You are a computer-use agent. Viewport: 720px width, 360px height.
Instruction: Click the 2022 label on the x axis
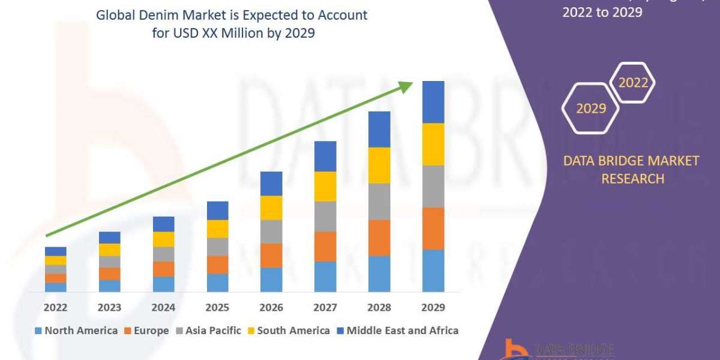click(x=56, y=308)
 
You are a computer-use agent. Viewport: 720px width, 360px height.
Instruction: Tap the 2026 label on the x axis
click(x=271, y=308)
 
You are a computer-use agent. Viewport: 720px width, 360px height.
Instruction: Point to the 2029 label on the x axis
click(x=433, y=308)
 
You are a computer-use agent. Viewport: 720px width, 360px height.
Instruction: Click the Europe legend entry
click(x=151, y=331)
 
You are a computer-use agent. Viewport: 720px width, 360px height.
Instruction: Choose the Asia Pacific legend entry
click(x=213, y=331)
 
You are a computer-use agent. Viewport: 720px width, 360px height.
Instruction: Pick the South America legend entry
click(x=293, y=331)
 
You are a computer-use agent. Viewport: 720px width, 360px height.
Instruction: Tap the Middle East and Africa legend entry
click(x=402, y=331)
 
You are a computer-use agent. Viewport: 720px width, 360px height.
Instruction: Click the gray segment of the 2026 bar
click(x=271, y=232)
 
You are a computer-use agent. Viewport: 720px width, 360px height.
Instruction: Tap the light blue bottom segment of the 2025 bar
click(x=217, y=283)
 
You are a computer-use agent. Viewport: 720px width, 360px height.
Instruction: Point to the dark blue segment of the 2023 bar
click(x=110, y=238)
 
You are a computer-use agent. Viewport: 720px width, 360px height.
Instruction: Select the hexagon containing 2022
click(x=633, y=83)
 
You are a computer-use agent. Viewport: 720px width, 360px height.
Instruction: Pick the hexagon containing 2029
click(x=590, y=108)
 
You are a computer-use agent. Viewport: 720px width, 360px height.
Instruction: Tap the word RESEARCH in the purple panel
click(x=632, y=179)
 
